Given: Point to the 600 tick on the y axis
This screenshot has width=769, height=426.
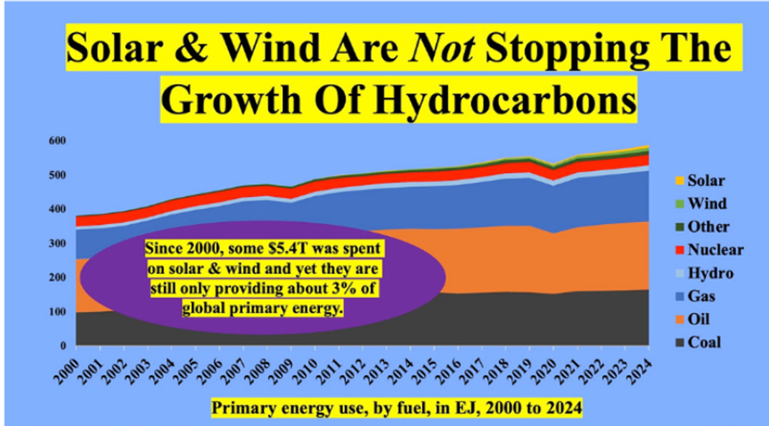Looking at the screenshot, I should [x=56, y=141].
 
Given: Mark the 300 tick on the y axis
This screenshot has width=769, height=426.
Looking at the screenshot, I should [x=56, y=244].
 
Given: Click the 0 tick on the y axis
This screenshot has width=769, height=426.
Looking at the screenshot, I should [x=63, y=346].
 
